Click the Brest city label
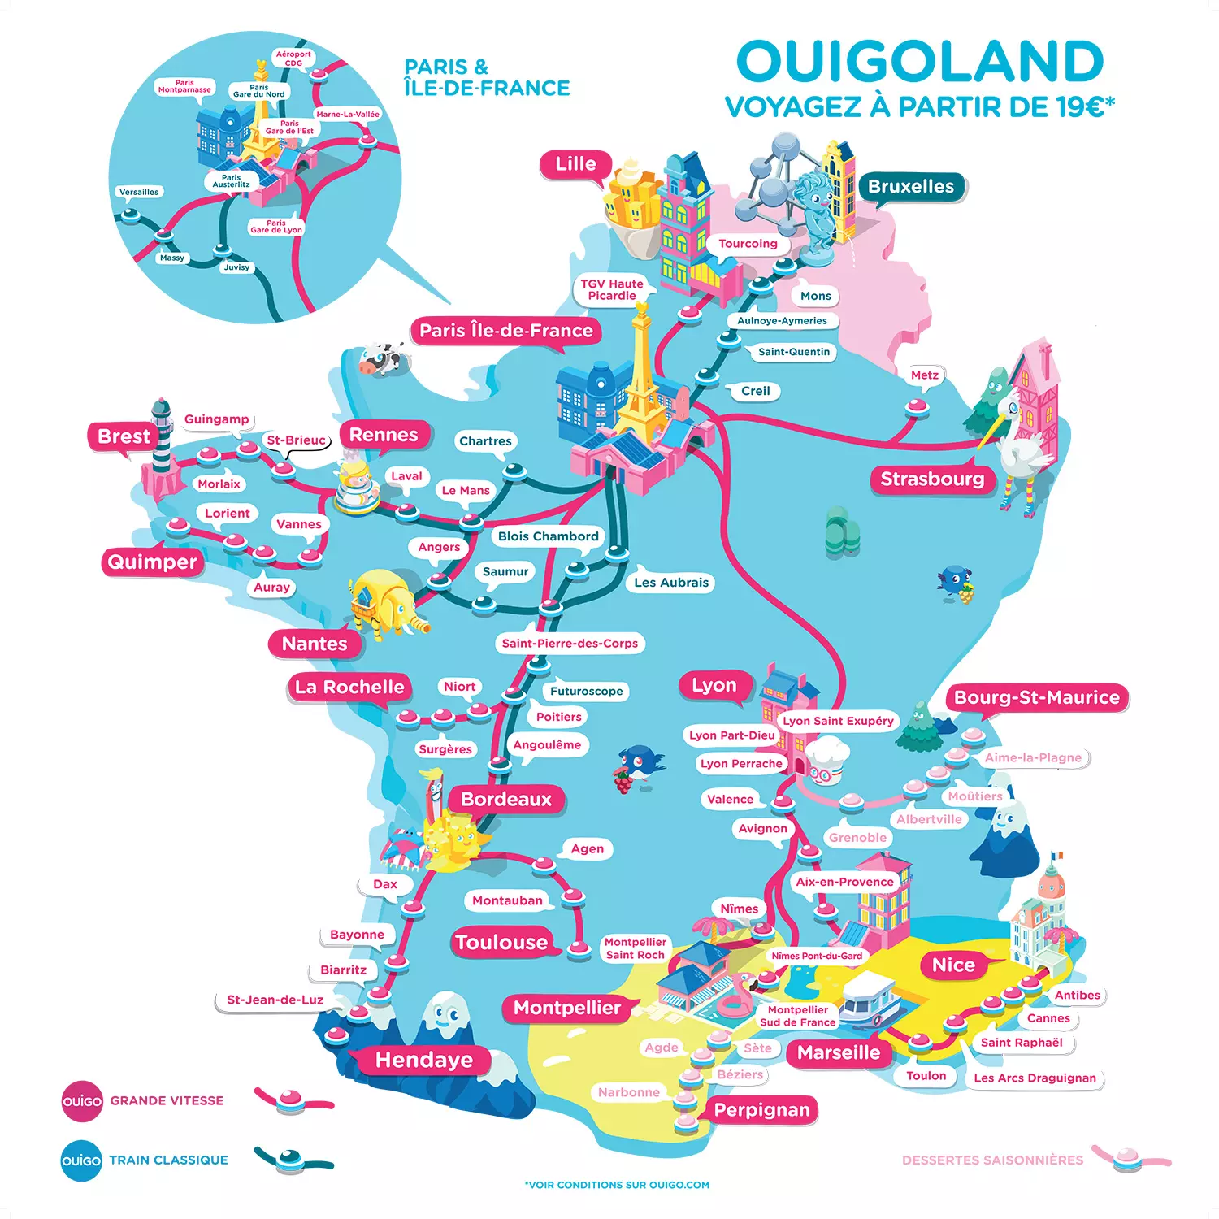[x=124, y=436]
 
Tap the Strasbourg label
[x=932, y=479]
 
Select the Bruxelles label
[x=911, y=187]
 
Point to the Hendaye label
[x=423, y=1060]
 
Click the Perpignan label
[x=761, y=1110]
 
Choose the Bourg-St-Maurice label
[x=1036, y=697]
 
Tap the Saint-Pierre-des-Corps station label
[x=570, y=644]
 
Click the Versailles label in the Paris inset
[x=139, y=193]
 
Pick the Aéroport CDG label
[x=293, y=59]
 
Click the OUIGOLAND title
[x=919, y=62]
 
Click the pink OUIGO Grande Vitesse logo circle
[x=82, y=1101]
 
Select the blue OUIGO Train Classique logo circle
[x=82, y=1160]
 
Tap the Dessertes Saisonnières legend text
[x=992, y=1160]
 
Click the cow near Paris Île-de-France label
[x=380, y=358]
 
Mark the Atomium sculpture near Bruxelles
[x=772, y=179]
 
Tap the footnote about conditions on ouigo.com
[x=617, y=1185]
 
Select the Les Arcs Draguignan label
[x=1035, y=1078]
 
